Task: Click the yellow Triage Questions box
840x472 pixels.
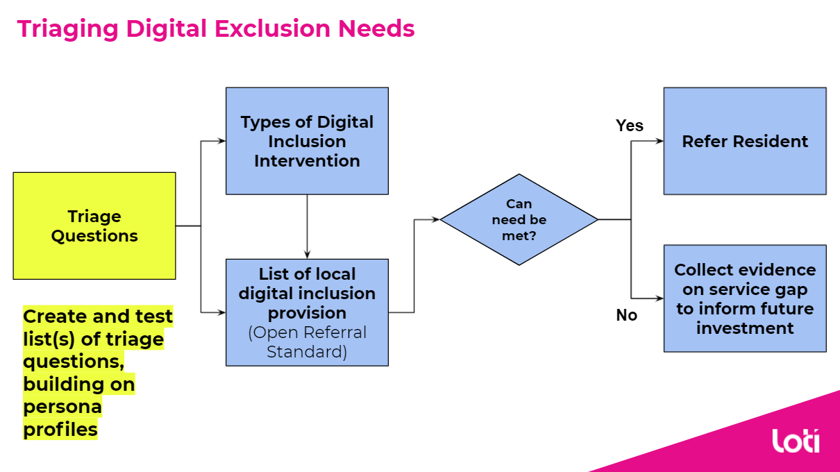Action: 94,226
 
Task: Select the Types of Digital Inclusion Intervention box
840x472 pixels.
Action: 307,141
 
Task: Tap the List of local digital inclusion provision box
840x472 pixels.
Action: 307,312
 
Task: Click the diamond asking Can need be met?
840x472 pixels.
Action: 519,219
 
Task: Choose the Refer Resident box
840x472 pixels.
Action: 745,141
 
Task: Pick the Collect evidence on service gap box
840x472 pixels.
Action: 745,298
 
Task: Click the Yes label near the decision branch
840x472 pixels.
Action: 630,126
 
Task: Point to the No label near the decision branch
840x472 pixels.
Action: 626,315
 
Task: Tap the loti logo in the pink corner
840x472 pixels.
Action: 796,441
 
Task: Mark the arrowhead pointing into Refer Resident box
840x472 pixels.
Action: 659,141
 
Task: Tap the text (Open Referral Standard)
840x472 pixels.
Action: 307,342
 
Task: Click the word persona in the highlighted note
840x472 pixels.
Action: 62,407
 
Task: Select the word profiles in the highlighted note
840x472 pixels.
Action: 60,430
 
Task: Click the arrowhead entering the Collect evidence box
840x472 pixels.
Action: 659,298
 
